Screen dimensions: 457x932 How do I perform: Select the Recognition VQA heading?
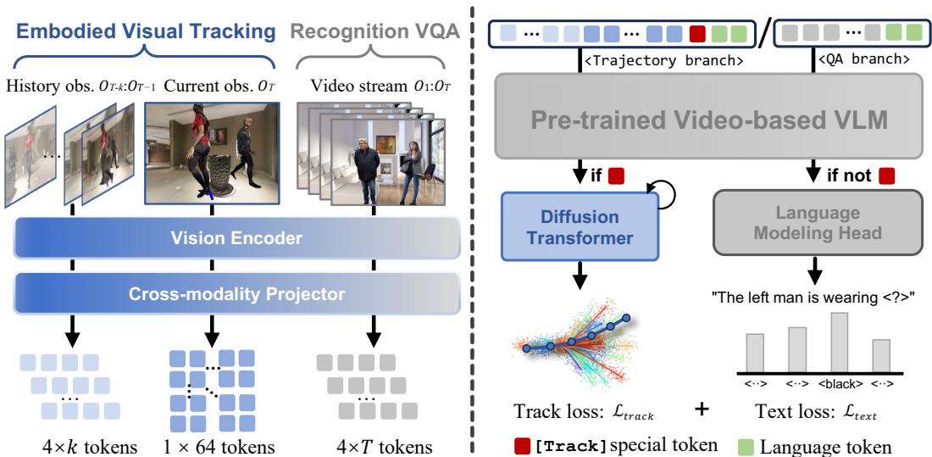click(x=381, y=32)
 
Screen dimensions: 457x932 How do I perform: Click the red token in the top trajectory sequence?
click(x=698, y=36)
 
